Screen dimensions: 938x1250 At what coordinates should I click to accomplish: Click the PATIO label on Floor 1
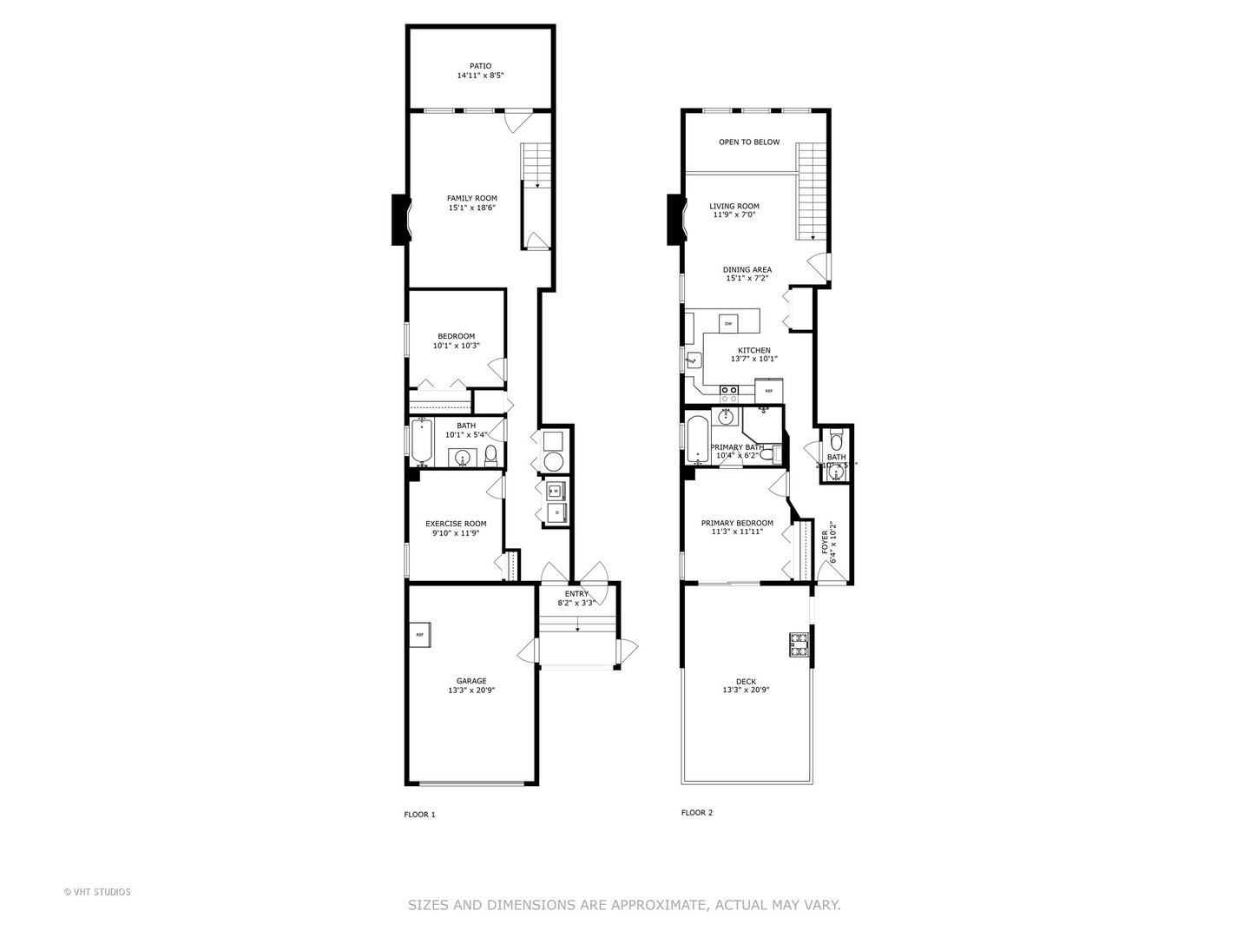pos(480,66)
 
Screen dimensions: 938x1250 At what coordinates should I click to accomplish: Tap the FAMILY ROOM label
pos(471,198)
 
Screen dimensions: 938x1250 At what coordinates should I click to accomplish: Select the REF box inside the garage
pos(420,635)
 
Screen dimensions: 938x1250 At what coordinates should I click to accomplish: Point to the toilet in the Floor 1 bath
pos(490,454)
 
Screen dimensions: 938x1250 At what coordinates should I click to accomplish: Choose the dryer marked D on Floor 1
pos(556,513)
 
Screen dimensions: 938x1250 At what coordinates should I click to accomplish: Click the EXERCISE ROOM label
pos(456,524)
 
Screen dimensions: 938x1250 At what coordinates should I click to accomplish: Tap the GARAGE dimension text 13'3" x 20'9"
pos(471,690)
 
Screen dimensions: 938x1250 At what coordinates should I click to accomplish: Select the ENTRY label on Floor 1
pos(576,593)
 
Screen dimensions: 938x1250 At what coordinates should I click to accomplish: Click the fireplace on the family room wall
pos(400,219)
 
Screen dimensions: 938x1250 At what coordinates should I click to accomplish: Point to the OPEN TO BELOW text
pos(749,142)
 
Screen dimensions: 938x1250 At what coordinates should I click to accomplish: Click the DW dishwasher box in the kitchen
pos(728,323)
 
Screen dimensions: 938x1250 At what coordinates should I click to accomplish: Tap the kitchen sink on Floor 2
pos(693,360)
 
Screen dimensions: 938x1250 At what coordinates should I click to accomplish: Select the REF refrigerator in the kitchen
pos(769,391)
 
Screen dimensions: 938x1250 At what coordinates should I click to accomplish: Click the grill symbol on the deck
pos(798,644)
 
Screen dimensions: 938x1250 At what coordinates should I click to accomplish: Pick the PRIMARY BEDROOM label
pos(737,523)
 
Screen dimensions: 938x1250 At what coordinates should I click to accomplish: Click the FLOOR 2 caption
pos(696,813)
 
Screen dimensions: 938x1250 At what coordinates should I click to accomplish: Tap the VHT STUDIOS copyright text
pos(97,891)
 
